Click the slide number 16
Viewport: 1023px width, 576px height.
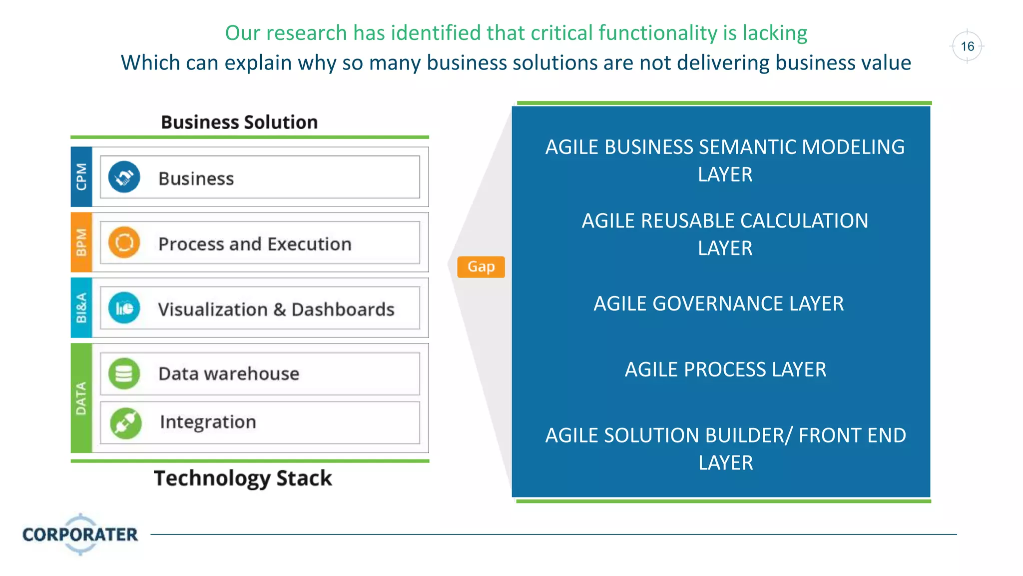click(967, 46)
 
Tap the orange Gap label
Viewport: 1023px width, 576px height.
click(481, 266)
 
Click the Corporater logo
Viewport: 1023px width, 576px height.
click(80, 534)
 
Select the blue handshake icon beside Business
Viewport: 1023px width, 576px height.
click(124, 177)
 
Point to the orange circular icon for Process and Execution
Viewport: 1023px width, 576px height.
click(124, 242)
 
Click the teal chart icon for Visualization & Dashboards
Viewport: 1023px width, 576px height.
click(124, 308)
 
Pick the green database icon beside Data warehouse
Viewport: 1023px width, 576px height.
click(124, 373)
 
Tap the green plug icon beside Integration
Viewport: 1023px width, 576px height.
click(125, 422)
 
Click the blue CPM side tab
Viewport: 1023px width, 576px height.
click(81, 176)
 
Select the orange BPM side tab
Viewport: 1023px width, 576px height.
click(81, 242)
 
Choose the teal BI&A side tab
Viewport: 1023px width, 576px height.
click(81, 308)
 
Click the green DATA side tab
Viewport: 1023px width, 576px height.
click(81, 398)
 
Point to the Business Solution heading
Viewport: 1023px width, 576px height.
click(239, 122)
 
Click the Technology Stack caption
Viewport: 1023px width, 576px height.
click(243, 478)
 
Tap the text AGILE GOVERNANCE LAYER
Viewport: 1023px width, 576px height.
click(718, 304)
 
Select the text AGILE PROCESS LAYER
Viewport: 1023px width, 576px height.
click(725, 370)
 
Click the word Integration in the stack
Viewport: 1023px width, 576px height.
click(208, 422)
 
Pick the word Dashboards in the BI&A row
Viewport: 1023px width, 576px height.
click(343, 310)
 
